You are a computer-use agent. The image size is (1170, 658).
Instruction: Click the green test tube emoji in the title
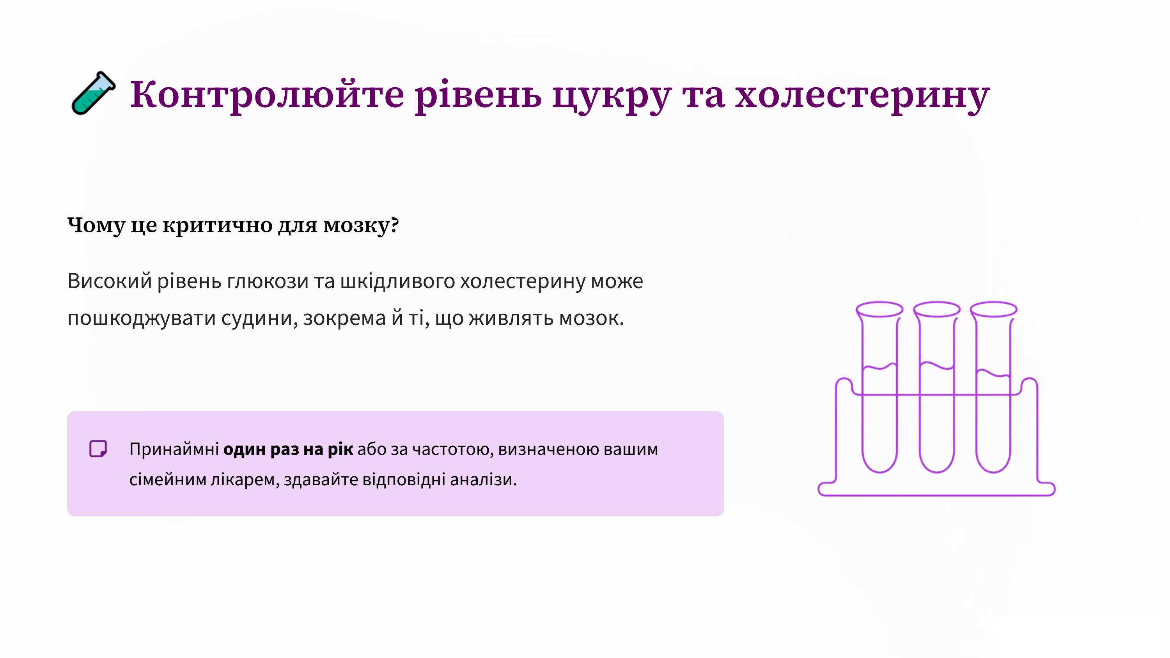pos(94,93)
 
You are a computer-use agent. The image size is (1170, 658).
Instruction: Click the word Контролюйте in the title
pos(267,94)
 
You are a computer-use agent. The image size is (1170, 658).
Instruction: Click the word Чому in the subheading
pos(96,225)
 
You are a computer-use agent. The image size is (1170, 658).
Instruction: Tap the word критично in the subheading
pos(218,225)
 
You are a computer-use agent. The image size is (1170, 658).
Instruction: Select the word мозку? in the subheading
pos(361,225)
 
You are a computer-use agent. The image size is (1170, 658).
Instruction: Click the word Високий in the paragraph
pos(110,281)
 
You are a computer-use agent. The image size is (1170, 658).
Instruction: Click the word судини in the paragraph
pos(259,319)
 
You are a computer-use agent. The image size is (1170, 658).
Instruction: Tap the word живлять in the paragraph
pos(511,318)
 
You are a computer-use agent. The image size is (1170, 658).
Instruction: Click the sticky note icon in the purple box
pos(98,449)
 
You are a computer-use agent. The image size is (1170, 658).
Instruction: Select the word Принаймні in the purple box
pos(174,449)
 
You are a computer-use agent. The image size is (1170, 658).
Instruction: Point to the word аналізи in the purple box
pos(483,479)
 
